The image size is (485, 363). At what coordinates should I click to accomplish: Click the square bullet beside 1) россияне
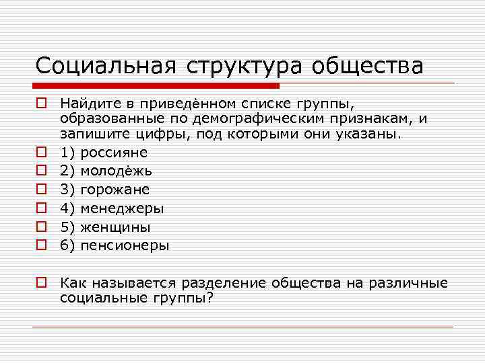[x=42, y=153]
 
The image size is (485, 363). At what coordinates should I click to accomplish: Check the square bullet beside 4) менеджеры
[x=42, y=208]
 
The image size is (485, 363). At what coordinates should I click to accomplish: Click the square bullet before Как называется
[x=42, y=283]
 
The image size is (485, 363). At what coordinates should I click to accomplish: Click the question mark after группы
[x=209, y=298]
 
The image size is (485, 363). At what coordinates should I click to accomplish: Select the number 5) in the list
[x=67, y=227]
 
